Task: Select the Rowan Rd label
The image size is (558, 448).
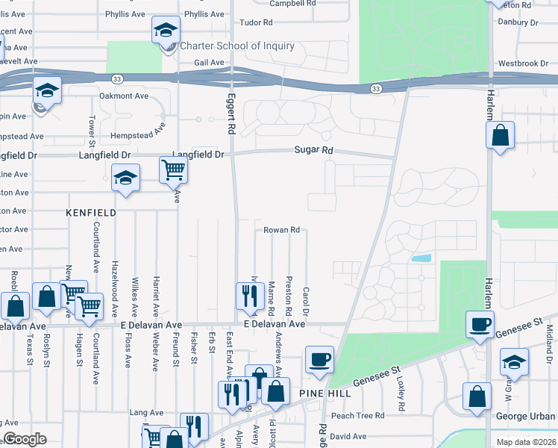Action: tap(281, 230)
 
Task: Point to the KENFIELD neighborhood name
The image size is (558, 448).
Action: tap(91, 213)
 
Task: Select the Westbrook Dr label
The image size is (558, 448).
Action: tap(523, 63)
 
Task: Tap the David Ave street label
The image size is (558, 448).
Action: tap(348, 436)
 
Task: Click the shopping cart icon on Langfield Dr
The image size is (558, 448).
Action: tap(173, 170)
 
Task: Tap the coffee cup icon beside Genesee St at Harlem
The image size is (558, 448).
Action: tap(480, 324)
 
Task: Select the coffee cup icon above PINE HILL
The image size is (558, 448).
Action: tap(319, 359)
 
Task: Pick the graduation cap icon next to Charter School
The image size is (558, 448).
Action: tap(166, 30)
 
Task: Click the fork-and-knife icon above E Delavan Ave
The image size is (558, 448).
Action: tap(248, 296)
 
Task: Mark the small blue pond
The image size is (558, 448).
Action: tap(421, 258)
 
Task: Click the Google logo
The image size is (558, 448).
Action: tap(25, 439)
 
